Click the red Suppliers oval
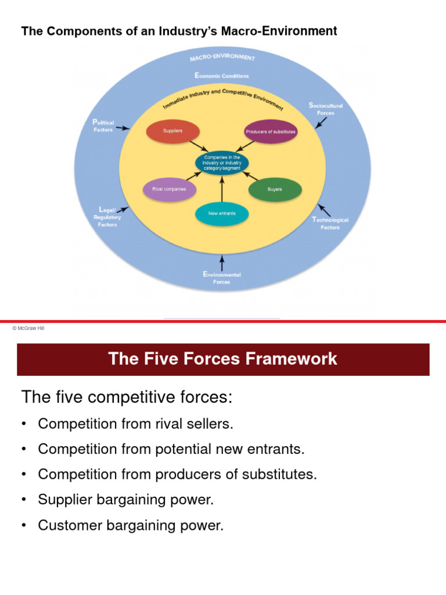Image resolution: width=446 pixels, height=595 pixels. click(x=172, y=131)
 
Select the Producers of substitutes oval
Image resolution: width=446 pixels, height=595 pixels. click(x=271, y=131)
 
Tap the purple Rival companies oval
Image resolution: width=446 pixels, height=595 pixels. click(x=170, y=189)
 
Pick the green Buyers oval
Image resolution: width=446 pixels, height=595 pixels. click(x=275, y=189)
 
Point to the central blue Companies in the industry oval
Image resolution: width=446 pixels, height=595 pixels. click(x=222, y=162)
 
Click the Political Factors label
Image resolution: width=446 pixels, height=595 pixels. click(x=103, y=126)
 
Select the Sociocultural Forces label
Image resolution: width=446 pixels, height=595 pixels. click(x=326, y=109)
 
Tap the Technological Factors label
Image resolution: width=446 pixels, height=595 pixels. click(x=330, y=224)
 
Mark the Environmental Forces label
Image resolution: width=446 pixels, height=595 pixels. click(x=222, y=278)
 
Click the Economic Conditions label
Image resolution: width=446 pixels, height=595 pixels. click(x=221, y=76)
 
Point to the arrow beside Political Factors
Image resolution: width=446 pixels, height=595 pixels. click(x=123, y=128)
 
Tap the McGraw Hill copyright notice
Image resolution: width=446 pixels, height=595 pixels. click(x=28, y=328)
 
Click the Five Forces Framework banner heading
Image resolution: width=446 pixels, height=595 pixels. click(x=222, y=359)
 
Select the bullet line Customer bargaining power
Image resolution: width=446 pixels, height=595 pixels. click(x=130, y=525)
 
